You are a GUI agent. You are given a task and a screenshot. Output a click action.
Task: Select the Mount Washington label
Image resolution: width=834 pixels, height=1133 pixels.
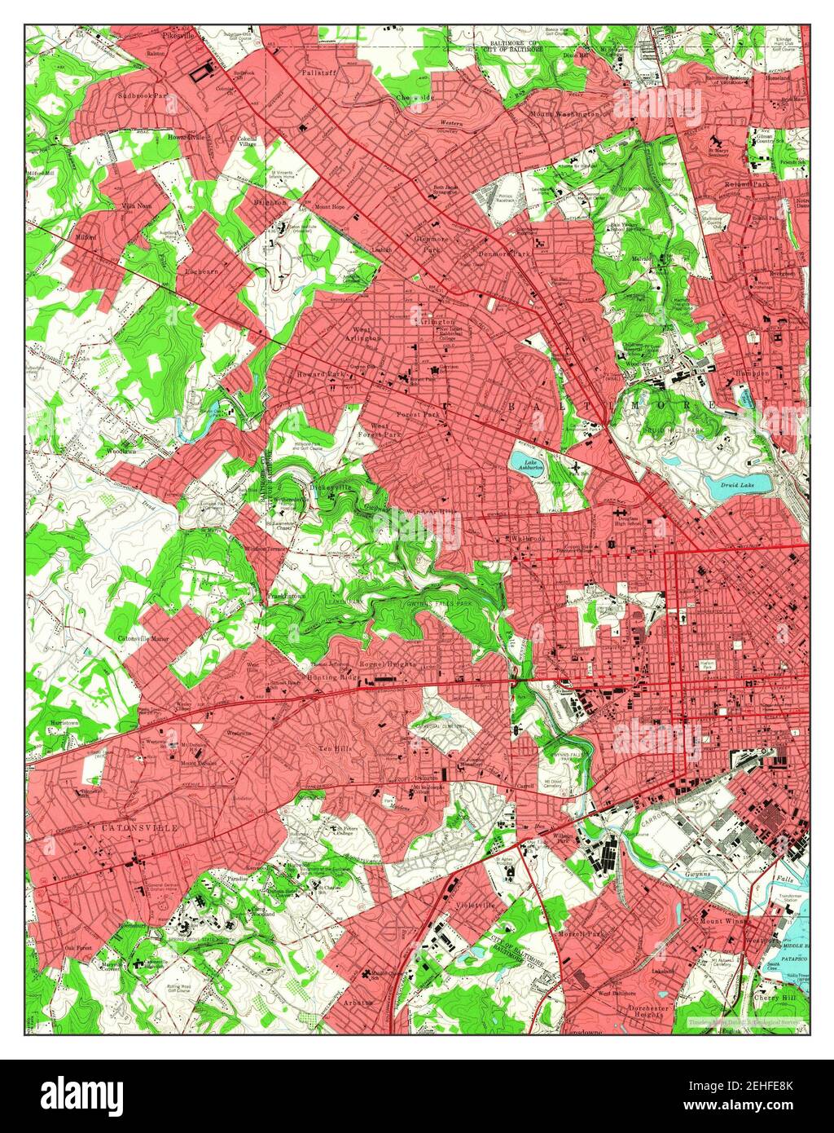click(x=564, y=113)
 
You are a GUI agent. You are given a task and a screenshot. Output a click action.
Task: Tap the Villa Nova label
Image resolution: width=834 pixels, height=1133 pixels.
click(x=137, y=206)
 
